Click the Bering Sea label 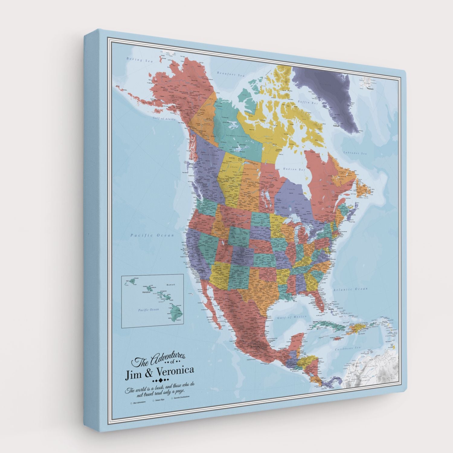140,60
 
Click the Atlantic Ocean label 350,289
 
